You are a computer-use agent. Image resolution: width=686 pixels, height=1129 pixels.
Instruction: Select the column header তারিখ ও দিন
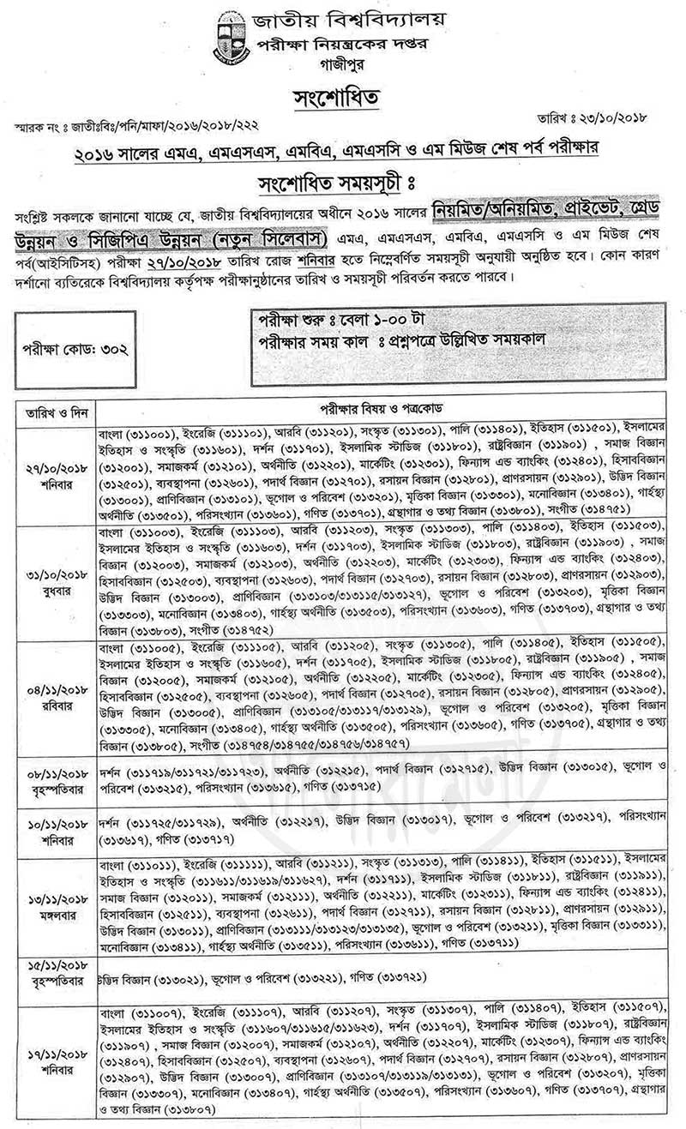pyautogui.click(x=50, y=405)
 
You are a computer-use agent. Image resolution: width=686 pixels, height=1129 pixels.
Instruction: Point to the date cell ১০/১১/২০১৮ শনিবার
pyautogui.click(x=50, y=829)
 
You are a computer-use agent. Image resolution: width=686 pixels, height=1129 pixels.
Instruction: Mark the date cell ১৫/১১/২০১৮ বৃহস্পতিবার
pyautogui.click(x=50, y=978)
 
